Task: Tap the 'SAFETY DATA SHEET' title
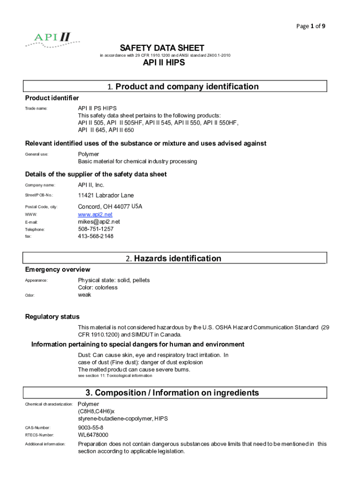point(162,48)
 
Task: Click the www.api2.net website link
point(95,214)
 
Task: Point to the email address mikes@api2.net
point(99,222)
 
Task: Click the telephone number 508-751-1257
point(95,229)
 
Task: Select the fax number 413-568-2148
point(95,236)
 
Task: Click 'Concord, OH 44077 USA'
point(110,206)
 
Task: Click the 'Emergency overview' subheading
point(58,269)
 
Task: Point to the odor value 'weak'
point(85,295)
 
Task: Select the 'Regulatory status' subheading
point(52,317)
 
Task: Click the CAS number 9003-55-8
point(91,428)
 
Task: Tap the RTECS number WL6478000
point(93,435)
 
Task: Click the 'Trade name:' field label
point(36,109)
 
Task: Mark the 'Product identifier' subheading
point(52,98)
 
